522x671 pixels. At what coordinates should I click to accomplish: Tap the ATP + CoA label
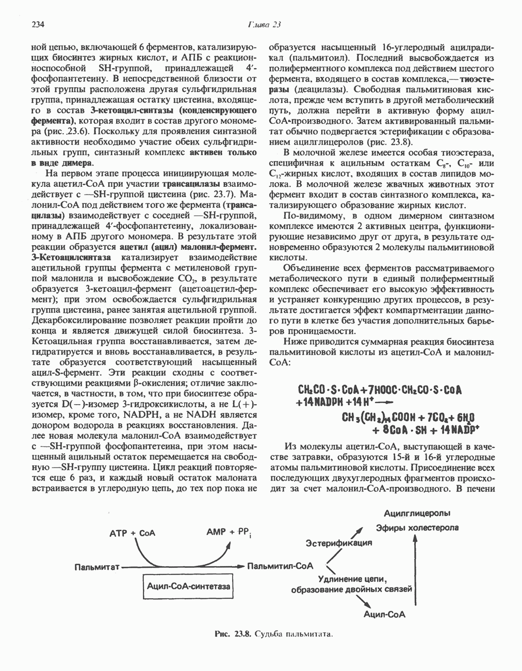click(x=133, y=533)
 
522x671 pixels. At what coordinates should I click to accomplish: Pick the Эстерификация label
click(x=339, y=543)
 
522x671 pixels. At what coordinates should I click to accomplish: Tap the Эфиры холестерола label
click(x=417, y=528)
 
